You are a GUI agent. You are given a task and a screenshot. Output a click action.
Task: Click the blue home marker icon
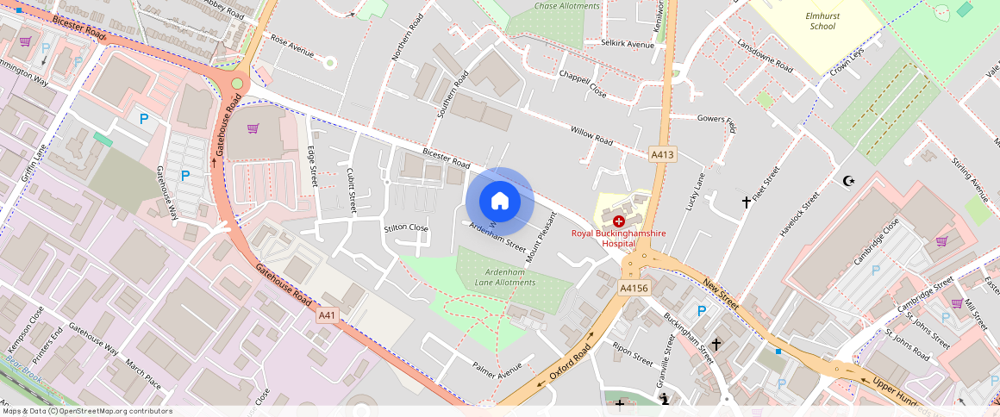[500, 202]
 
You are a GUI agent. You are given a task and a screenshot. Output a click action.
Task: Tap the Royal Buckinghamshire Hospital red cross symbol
[619, 221]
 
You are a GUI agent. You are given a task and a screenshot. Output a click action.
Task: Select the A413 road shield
[662, 154]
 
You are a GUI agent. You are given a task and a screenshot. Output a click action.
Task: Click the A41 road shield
[327, 315]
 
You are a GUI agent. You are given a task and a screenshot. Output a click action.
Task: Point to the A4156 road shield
[634, 288]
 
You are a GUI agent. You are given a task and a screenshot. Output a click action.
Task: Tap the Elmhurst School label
[822, 21]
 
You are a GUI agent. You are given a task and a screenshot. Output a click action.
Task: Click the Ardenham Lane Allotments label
[504, 277]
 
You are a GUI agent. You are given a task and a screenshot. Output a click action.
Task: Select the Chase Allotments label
[566, 6]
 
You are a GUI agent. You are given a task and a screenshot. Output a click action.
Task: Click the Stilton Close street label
[406, 228]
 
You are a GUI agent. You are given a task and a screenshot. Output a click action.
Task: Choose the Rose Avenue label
[292, 46]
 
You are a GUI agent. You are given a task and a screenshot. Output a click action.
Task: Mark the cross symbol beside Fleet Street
[747, 202]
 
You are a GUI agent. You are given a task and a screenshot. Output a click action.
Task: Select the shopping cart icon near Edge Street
[253, 128]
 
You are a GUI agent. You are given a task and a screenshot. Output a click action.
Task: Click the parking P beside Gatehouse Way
[184, 176]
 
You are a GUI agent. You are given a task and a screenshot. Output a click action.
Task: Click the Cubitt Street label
[351, 190]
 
